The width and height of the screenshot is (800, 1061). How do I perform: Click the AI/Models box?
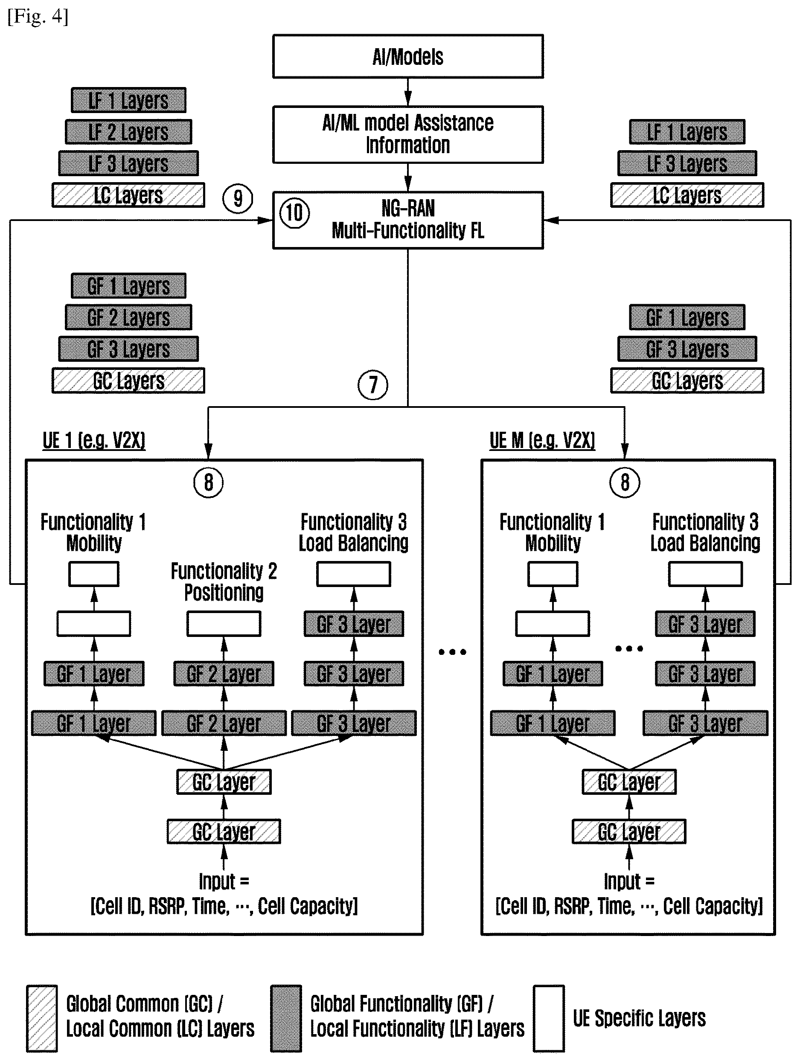pyautogui.click(x=407, y=56)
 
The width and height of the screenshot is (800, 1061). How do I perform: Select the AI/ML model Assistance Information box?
pyautogui.click(x=407, y=134)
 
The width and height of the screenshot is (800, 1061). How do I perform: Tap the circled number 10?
pyautogui.click(x=294, y=213)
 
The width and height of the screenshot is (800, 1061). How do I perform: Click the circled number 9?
pyautogui.click(x=238, y=198)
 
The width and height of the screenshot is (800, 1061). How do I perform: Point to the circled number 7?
pyautogui.click(x=372, y=385)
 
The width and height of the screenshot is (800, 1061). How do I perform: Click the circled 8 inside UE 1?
pyautogui.click(x=209, y=483)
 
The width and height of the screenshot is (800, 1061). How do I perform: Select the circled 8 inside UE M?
pyautogui.click(x=625, y=483)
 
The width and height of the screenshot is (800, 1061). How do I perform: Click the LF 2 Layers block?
pyautogui.click(x=128, y=132)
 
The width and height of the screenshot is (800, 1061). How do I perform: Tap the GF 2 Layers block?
pyautogui.click(x=128, y=317)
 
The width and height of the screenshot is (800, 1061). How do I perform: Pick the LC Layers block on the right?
pyautogui.click(x=687, y=195)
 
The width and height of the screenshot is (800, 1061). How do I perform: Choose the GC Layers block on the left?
pyautogui.click(x=128, y=381)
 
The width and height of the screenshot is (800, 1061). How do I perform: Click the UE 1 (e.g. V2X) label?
pyautogui.click(x=94, y=440)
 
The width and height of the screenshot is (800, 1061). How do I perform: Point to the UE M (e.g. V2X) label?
pyautogui.click(x=542, y=440)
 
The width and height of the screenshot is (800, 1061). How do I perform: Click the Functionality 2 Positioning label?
pyautogui.click(x=224, y=582)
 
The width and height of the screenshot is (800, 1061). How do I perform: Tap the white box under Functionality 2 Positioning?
pyautogui.click(x=224, y=624)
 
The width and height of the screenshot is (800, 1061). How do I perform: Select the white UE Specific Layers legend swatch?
pyautogui.click(x=549, y=1018)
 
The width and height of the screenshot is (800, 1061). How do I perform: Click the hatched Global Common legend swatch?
pyautogui.click(x=42, y=1018)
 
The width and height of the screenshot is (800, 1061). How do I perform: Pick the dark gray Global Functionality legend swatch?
pyautogui.click(x=286, y=1018)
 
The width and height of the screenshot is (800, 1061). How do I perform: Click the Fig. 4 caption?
pyautogui.click(x=38, y=16)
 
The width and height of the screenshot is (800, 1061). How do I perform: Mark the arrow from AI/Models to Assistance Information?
pyautogui.click(x=407, y=92)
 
